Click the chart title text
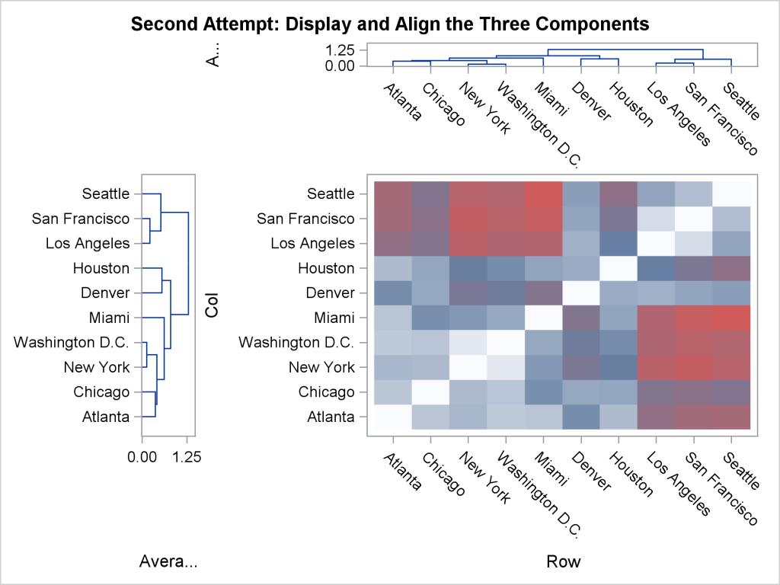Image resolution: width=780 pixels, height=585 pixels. click(x=390, y=24)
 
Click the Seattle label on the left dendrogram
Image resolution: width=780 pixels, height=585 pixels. click(x=107, y=194)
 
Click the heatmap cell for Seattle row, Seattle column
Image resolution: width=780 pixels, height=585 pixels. click(x=731, y=193)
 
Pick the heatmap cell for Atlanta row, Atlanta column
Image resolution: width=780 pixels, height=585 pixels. click(x=393, y=417)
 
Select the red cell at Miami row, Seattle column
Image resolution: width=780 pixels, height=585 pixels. click(x=731, y=318)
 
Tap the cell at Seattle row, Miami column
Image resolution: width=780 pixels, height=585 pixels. click(x=544, y=193)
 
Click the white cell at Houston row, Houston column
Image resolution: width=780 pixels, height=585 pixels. click(x=619, y=268)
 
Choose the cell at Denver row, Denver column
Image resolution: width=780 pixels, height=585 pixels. click(x=581, y=292)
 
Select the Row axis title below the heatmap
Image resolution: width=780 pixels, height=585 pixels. click(x=563, y=562)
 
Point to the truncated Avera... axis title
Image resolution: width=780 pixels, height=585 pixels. click(x=168, y=562)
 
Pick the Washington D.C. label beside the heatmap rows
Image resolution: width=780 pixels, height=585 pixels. click(x=297, y=342)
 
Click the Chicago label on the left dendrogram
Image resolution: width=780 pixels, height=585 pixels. click(x=101, y=392)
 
